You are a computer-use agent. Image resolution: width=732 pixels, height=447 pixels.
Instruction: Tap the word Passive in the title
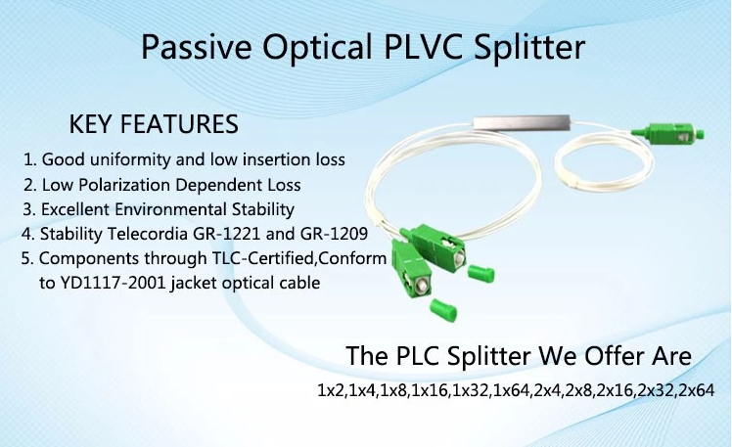[197, 47]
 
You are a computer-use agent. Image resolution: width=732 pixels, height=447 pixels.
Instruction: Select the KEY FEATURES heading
[154, 124]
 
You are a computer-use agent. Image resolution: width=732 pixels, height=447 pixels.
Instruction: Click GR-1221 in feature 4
[227, 234]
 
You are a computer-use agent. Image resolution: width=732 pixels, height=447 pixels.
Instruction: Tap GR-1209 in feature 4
[335, 234]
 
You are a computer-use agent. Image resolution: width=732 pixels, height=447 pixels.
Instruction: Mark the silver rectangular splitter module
[522, 122]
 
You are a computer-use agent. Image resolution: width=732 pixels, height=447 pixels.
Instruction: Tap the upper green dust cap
[480, 274]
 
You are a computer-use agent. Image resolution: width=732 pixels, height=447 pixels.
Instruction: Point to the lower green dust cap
[443, 310]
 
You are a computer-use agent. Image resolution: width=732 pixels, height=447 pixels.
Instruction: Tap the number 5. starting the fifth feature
[27, 258]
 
